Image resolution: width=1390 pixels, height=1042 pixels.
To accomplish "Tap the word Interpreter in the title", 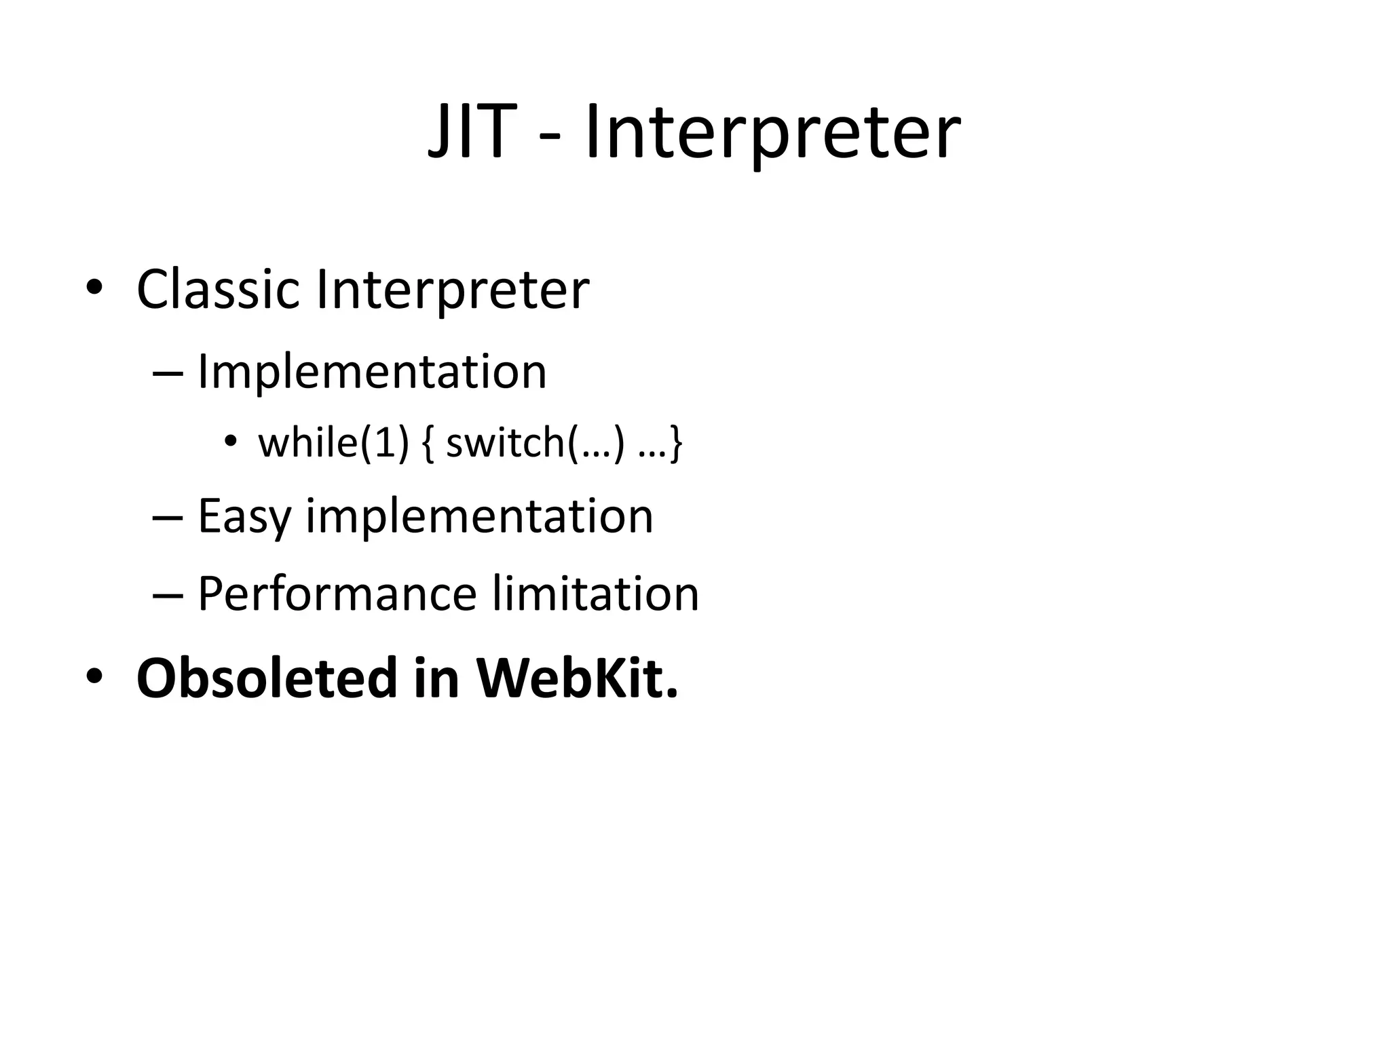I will coord(772,133).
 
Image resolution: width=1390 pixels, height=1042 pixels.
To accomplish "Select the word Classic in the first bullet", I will coord(218,290).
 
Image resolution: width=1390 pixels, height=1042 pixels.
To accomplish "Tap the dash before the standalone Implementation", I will coord(168,373).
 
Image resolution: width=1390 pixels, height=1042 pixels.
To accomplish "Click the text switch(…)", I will coord(534,443).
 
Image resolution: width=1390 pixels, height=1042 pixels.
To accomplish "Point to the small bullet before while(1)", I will coord(230,442).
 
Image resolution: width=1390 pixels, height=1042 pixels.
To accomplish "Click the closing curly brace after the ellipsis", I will coord(675,444).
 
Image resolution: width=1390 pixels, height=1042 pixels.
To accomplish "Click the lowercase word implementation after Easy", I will coord(479,517).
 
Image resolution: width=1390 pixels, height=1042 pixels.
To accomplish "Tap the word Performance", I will coord(337,594).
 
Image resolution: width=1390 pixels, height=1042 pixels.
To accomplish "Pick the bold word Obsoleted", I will coord(266,678).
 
